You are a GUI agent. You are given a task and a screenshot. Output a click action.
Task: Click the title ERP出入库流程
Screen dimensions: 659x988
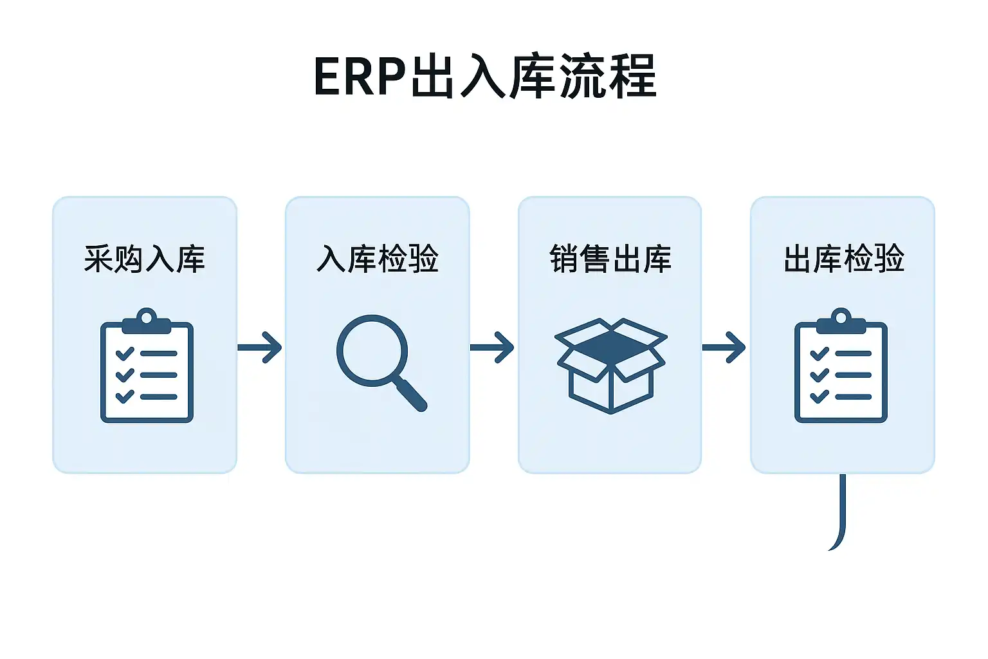486,77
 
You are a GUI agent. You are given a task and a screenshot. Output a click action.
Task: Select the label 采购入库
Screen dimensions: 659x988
145,259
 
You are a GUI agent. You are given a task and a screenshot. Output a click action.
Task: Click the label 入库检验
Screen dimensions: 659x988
378,259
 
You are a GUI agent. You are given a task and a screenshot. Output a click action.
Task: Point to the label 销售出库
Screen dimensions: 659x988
610,259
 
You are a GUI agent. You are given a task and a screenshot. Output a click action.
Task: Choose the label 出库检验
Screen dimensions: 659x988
843,259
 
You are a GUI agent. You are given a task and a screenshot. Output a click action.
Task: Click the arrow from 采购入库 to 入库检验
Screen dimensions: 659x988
260,348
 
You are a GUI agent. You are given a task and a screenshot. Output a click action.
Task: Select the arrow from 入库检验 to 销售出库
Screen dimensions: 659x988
492,348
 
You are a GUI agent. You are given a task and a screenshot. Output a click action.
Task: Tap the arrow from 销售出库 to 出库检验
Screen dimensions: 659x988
724,348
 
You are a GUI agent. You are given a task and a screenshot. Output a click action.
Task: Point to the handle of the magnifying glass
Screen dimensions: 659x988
412,394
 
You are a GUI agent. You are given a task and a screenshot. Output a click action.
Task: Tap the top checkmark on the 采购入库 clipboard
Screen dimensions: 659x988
124,353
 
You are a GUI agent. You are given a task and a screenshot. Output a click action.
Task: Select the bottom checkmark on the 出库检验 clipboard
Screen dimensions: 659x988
819,396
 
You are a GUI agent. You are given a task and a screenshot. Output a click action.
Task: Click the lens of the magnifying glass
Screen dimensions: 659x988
372,351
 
